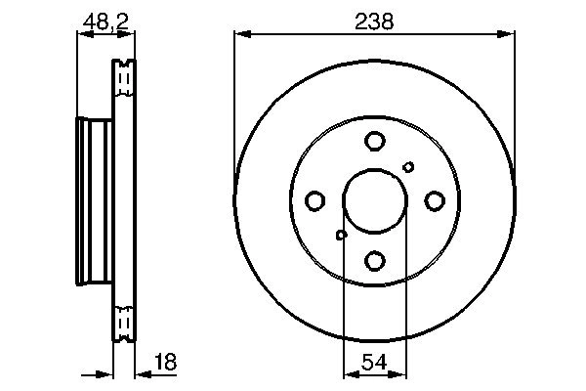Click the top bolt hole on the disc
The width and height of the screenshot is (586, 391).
point(374,142)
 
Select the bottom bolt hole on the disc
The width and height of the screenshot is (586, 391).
point(374,260)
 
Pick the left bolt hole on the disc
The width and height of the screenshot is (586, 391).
point(314,201)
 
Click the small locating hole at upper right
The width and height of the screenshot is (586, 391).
point(408,167)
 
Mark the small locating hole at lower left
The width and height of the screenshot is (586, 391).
point(341,235)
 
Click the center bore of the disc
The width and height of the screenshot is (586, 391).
point(374,201)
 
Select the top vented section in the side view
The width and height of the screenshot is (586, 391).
point(124,79)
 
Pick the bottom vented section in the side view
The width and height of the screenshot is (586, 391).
point(124,323)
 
